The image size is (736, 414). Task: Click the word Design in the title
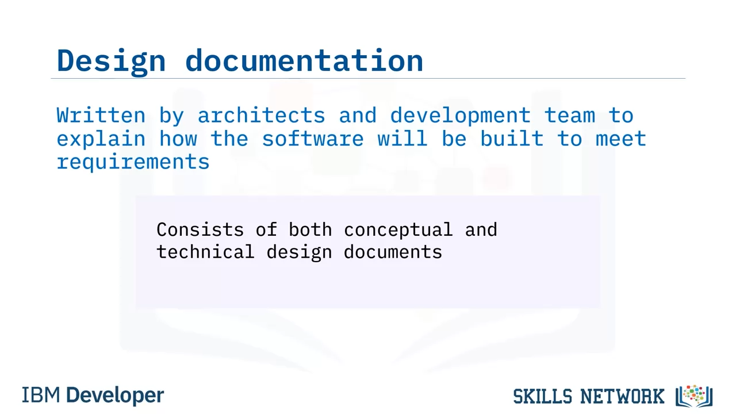tap(111, 62)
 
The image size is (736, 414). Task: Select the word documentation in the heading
tap(304, 60)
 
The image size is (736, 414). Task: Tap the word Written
tap(101, 115)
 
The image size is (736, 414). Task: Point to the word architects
tap(261, 115)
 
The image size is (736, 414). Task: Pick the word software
tap(313, 139)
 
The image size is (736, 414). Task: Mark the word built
tap(512, 139)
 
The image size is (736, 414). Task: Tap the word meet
tap(621, 139)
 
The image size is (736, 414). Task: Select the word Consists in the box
tap(200, 229)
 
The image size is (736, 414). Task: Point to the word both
tap(310, 229)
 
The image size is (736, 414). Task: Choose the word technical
tap(205, 252)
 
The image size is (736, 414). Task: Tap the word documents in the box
tap(393, 252)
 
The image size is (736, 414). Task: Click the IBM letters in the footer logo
tap(41, 395)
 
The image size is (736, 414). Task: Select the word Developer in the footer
tap(115, 396)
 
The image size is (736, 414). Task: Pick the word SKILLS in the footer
tap(543, 396)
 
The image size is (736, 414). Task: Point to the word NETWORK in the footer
tap(622, 396)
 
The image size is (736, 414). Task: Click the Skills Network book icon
tap(694, 396)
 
